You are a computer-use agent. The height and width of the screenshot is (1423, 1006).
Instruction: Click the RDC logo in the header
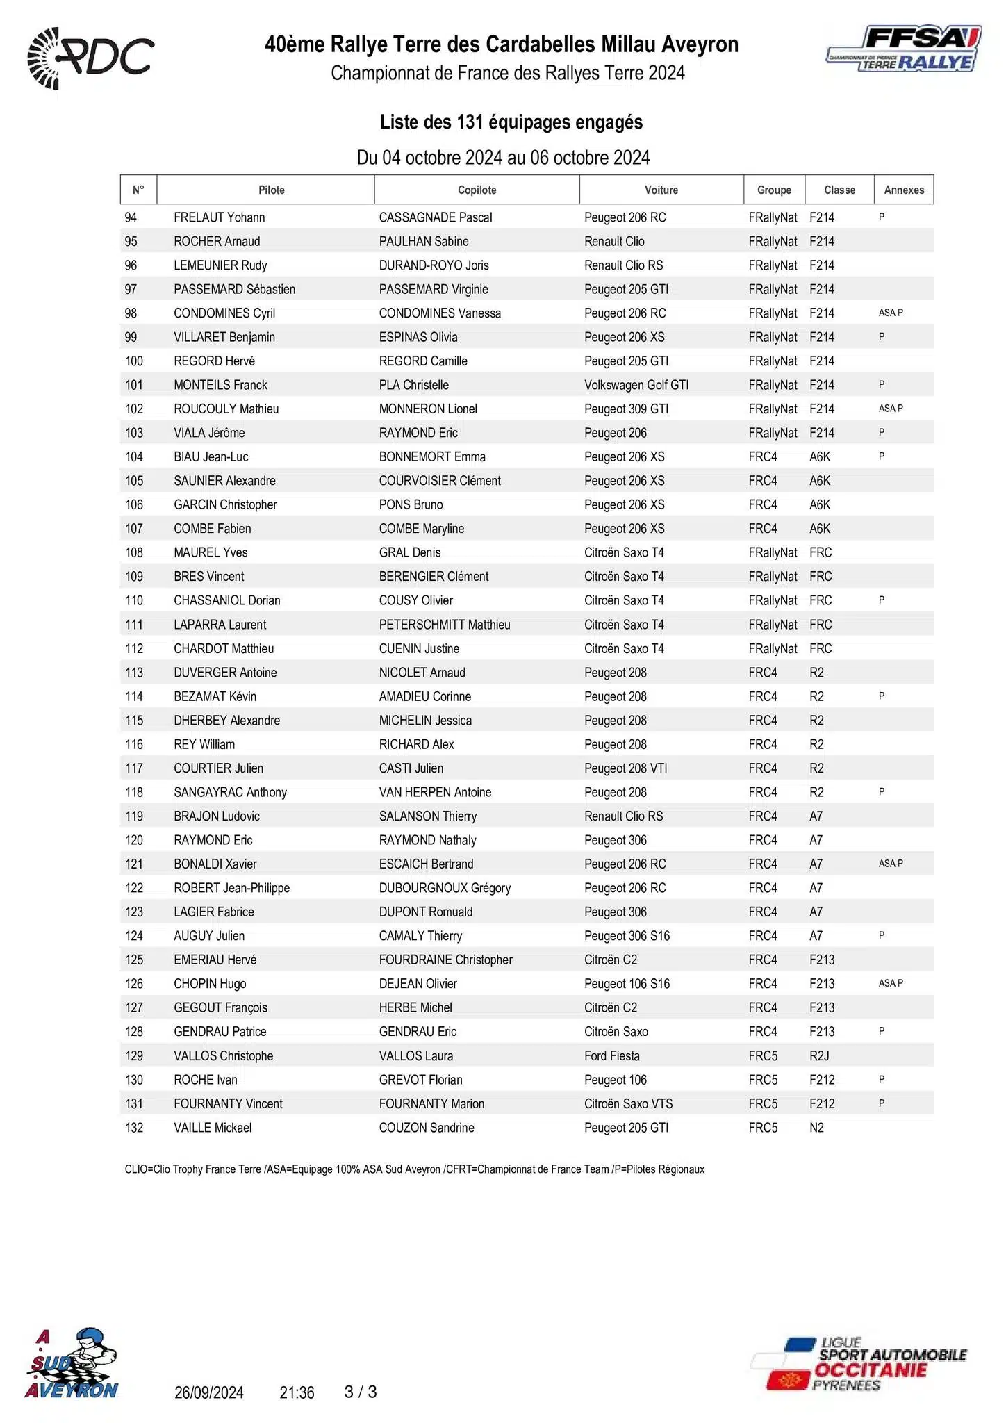point(90,58)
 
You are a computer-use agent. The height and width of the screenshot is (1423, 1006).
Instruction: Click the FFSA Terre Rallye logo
point(904,50)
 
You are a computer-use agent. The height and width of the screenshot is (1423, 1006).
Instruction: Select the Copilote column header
point(477,190)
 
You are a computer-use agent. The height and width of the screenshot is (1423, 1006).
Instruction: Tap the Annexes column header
point(903,190)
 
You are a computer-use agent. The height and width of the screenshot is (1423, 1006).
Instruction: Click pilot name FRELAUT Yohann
point(219,217)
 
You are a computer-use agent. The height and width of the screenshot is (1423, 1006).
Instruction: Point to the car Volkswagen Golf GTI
point(636,385)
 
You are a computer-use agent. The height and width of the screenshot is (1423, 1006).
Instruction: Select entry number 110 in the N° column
point(134,600)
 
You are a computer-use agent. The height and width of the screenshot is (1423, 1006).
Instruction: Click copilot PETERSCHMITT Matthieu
point(444,625)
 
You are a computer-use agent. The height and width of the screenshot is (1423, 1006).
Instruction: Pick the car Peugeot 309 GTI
point(626,409)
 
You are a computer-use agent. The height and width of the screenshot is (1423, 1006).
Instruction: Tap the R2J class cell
point(819,1055)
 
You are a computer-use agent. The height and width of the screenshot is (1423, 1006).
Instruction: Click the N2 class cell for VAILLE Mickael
point(816,1128)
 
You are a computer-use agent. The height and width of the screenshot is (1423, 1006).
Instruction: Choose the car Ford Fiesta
point(611,1055)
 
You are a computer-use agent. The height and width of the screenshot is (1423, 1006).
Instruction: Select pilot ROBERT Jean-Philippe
point(231,888)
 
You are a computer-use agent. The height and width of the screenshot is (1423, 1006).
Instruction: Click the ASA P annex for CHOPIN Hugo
point(890,983)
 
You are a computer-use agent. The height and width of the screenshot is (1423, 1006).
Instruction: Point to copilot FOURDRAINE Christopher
point(445,960)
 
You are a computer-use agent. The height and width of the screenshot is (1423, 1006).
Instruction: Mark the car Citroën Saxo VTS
point(628,1103)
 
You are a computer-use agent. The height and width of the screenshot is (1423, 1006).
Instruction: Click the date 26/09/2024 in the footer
point(208,1392)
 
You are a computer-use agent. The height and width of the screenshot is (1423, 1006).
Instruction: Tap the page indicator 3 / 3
point(361,1392)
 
